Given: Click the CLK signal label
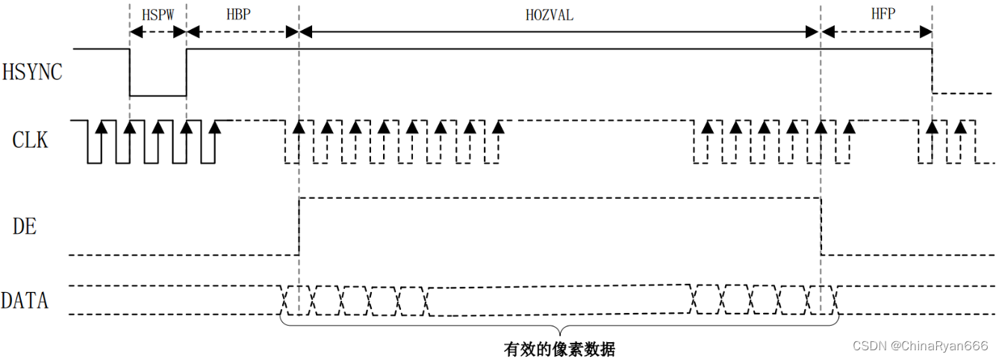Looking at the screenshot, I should coord(30,140).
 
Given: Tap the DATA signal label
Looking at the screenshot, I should coord(25,301).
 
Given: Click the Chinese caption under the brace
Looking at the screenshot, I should coord(559,349).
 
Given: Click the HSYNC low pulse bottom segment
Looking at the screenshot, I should coord(158,96).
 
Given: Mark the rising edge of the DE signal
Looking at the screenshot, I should coord(299,226).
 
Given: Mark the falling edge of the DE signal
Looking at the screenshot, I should coord(821,226).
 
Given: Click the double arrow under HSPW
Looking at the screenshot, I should coord(158,32).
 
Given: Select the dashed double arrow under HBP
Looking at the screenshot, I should coord(242,32).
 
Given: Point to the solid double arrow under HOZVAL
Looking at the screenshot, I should coord(559,32).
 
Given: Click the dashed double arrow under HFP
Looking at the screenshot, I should coord(876,32).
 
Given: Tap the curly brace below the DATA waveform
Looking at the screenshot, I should coord(559,329).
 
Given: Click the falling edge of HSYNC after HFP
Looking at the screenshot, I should coord(932,72).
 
